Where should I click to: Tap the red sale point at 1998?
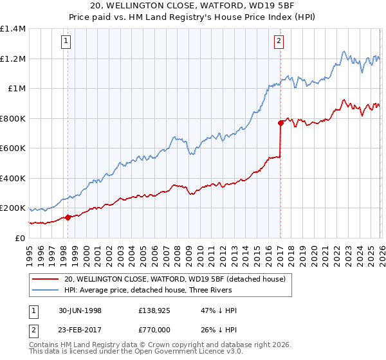coord(68,217)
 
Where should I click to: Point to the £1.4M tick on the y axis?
coord(13,29)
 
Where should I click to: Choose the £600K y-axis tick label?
coord(13,148)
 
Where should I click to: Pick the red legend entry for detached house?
coord(179,278)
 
